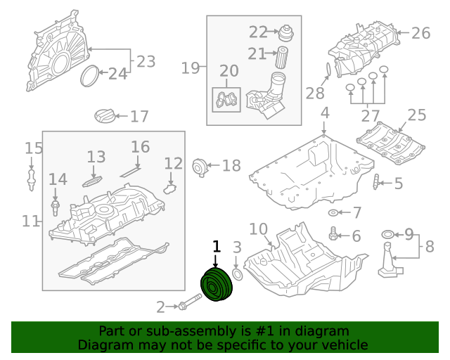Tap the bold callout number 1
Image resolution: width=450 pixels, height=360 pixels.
[217, 246]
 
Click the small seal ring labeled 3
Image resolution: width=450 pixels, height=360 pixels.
[237, 274]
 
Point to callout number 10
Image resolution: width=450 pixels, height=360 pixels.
[258, 229]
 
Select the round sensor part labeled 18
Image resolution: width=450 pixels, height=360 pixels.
[201, 167]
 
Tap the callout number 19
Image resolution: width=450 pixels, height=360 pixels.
[190, 68]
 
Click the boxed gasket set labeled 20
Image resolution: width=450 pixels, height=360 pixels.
[226, 101]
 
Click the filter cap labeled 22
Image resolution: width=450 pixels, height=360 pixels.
[286, 32]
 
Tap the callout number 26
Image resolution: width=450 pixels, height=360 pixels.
[420, 32]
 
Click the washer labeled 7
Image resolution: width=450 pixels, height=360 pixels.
[333, 212]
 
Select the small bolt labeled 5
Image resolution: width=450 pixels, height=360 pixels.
[376, 183]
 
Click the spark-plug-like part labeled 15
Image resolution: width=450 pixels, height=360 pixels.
[32, 176]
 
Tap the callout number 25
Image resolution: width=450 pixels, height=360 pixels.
[416, 115]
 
